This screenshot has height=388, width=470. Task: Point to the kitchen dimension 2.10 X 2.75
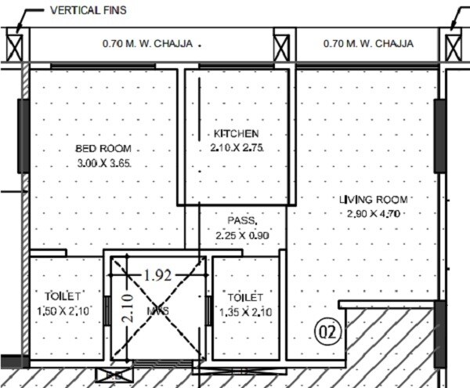[x=237, y=147]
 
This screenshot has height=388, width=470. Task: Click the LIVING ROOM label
[x=373, y=199]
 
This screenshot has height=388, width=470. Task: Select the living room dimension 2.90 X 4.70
[x=373, y=212]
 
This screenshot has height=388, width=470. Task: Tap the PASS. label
[x=242, y=221]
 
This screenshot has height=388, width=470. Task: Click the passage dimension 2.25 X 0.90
[x=241, y=234]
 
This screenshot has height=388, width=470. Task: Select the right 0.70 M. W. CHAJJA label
[x=368, y=44]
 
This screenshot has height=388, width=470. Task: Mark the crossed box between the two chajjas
[x=284, y=44]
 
